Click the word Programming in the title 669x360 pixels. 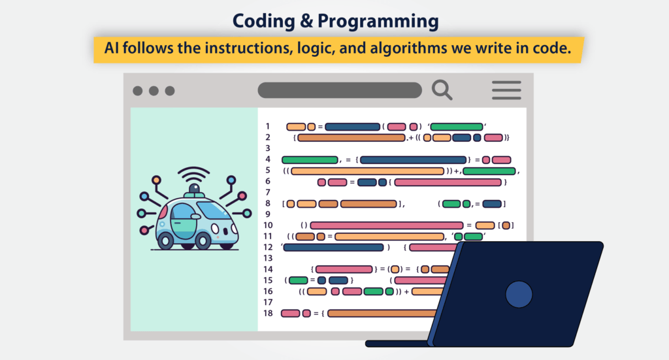(380, 21)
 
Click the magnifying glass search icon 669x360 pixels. (442, 90)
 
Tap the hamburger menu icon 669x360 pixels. (506, 90)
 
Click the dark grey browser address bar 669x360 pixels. (340, 90)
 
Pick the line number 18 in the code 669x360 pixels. (268, 313)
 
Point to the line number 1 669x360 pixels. (268, 126)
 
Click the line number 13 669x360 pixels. (268, 258)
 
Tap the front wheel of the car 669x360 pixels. (203, 240)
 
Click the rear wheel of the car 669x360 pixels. (166, 240)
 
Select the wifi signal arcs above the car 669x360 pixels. (195, 175)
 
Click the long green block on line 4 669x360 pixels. (310, 159)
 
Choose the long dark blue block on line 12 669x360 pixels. (333, 247)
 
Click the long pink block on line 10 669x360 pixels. (386, 225)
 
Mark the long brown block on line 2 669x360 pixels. (351, 137)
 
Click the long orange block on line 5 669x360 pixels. (368, 171)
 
